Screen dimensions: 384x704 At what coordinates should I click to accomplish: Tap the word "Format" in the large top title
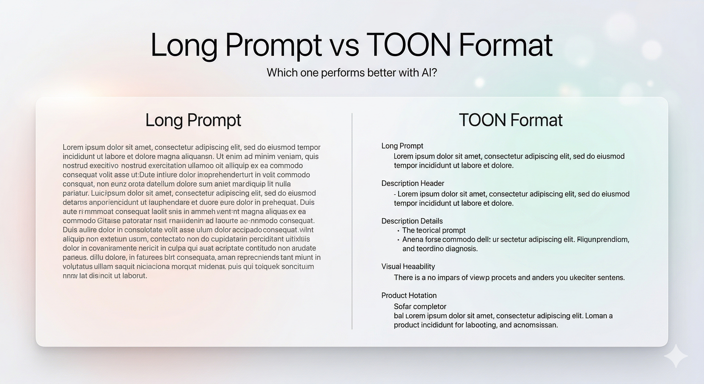pyautogui.click(x=505, y=45)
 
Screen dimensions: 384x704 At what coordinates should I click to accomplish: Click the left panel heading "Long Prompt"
pyautogui.click(x=193, y=120)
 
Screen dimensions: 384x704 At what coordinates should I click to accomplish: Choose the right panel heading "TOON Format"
pyautogui.click(x=510, y=120)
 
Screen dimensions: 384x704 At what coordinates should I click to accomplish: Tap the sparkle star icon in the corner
pyautogui.click(x=675, y=355)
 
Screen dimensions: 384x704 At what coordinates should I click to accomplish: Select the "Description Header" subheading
pyautogui.click(x=413, y=183)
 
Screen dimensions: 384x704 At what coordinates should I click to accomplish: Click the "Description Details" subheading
pyautogui.click(x=412, y=221)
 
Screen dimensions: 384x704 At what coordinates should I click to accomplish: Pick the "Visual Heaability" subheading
pyautogui.click(x=408, y=266)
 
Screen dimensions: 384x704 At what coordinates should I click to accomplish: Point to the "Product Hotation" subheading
pyautogui.click(x=409, y=295)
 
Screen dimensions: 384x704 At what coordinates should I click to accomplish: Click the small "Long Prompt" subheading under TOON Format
pyautogui.click(x=402, y=146)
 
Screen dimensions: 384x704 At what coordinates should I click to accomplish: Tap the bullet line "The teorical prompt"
pyautogui.click(x=434, y=230)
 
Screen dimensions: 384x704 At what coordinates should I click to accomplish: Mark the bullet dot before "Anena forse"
pyautogui.click(x=398, y=240)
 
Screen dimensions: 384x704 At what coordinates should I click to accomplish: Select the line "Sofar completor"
pyautogui.click(x=420, y=306)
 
